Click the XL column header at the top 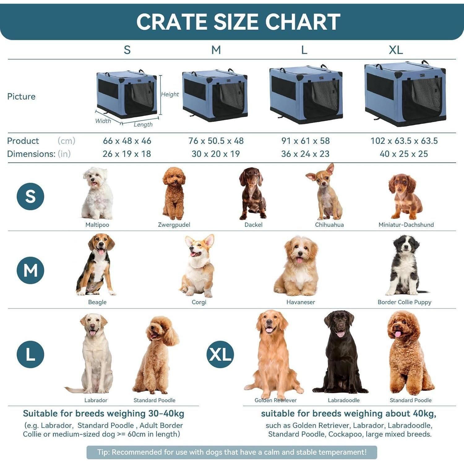[396, 50]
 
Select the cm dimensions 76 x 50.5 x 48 [216, 141]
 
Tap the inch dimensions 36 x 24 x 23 [305, 154]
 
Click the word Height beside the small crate [170, 94]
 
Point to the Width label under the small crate [103, 121]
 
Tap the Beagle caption [97, 302]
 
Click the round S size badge [30, 196]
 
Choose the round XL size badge [220, 354]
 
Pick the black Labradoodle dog [341, 352]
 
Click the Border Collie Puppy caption [404, 302]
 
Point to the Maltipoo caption [97, 225]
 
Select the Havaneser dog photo [297, 266]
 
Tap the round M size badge [30, 270]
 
